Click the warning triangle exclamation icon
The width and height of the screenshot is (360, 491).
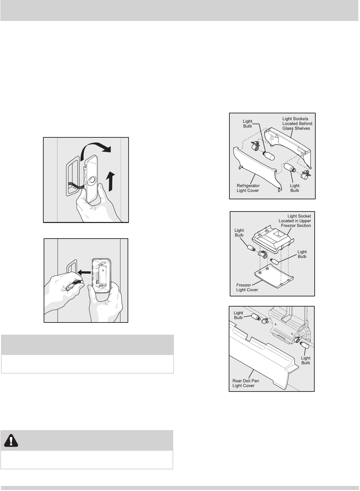(11, 441)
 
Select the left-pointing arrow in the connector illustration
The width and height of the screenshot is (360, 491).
(84, 272)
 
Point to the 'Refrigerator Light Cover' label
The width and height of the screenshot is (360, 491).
(248, 188)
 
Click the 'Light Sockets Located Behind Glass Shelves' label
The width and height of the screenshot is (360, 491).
(297, 124)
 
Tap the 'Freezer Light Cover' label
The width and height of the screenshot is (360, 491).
(247, 287)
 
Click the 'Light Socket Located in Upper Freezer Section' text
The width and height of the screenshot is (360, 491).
(295, 221)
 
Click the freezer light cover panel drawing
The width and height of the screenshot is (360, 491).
(274, 276)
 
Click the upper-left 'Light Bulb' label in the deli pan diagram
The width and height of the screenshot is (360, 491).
(238, 315)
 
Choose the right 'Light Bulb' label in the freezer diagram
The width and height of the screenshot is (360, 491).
(302, 254)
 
